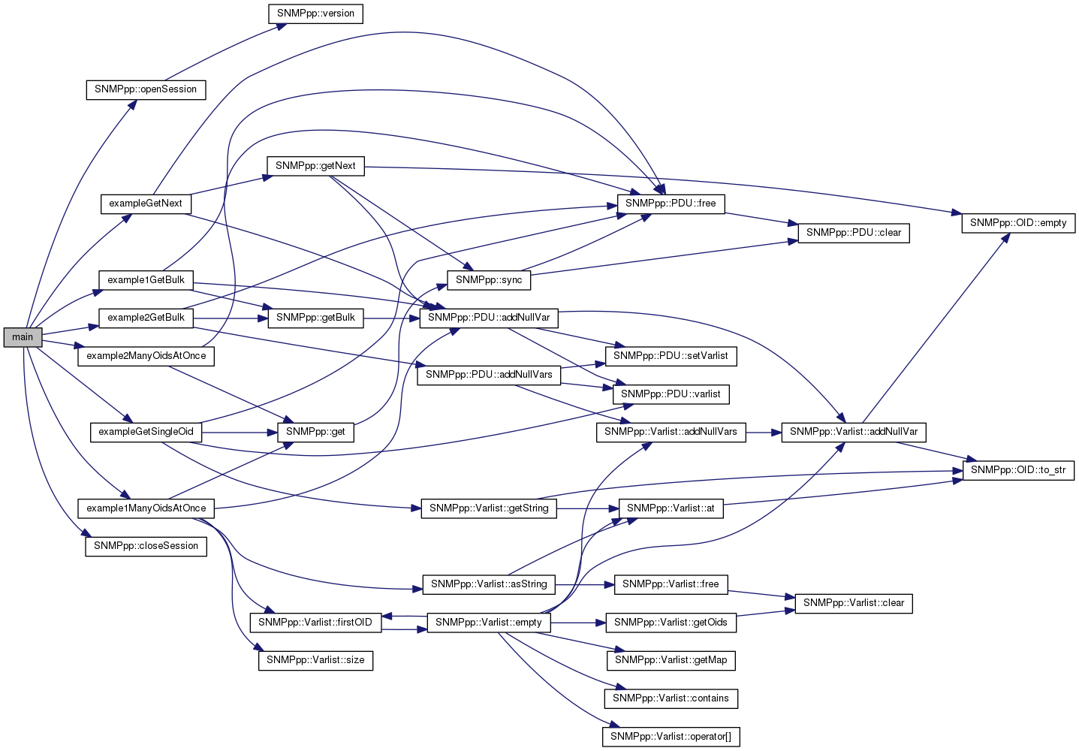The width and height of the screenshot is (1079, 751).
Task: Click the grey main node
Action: (23, 337)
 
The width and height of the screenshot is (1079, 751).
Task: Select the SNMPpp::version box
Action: (315, 14)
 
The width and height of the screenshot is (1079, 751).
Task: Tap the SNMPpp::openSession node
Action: (146, 89)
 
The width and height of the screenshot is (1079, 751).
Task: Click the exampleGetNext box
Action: (146, 204)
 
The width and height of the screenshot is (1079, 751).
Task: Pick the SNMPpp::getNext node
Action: (315, 166)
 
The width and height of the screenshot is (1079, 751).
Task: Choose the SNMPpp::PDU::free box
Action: (671, 204)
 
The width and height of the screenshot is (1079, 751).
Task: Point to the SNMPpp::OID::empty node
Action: (1017, 223)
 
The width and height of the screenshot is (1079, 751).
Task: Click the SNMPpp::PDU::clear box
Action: (854, 233)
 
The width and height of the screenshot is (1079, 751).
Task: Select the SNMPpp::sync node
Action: (489, 280)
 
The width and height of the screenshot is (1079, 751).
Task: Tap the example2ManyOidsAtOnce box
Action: (146, 356)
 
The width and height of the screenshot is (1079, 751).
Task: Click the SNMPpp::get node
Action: (315, 432)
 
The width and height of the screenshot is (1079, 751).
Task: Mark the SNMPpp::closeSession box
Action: (146, 546)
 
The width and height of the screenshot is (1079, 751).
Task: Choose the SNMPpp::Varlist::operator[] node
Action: (671, 737)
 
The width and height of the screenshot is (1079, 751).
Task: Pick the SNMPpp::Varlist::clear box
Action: (854, 603)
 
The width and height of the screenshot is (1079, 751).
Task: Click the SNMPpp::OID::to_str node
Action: (1017, 470)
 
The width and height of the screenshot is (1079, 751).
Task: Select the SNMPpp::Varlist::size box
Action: (315, 660)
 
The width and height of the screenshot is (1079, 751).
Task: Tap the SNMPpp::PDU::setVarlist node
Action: (671, 356)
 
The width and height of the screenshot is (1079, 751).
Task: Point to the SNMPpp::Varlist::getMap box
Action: (671, 660)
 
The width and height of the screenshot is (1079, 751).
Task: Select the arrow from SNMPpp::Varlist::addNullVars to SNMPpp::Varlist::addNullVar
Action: (764, 432)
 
